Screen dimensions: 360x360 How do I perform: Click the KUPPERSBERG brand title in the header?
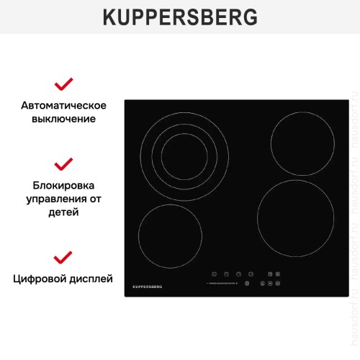pyautogui.click(x=179, y=16)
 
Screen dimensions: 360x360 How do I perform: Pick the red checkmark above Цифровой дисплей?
pyautogui.click(x=64, y=256)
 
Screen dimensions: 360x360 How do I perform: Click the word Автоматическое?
pyautogui.click(x=64, y=106)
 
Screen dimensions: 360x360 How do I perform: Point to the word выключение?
pyautogui.click(x=64, y=119)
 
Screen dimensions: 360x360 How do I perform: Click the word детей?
pyautogui.click(x=64, y=212)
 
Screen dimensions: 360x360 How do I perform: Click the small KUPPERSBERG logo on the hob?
pyautogui.click(x=148, y=287)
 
